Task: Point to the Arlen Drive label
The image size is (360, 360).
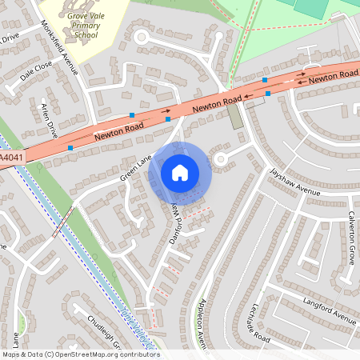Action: click(48, 114)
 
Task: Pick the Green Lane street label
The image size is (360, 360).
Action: click(135, 169)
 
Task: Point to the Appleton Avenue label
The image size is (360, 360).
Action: click(197, 316)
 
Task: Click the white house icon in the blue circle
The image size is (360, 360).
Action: click(180, 173)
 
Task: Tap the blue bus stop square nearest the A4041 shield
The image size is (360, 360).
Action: click(70, 148)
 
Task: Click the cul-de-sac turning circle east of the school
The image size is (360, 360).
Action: click(142, 36)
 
